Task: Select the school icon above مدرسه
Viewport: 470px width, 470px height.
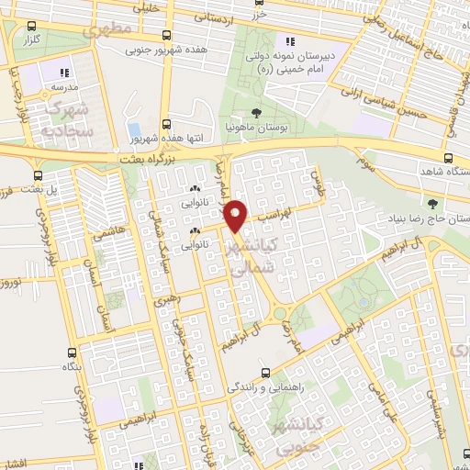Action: point(63,73)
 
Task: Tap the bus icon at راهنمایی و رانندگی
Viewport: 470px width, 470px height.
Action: point(264,373)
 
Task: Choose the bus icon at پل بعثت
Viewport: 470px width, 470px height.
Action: point(38,174)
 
